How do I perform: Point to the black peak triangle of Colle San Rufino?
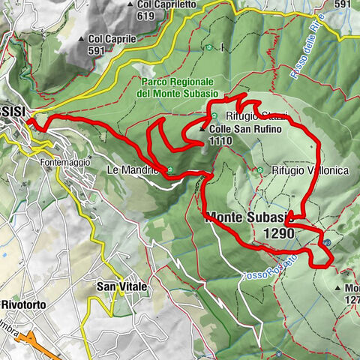[202, 130]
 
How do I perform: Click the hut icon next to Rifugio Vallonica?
[260, 170]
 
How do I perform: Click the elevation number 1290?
[279, 234]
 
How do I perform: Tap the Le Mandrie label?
[137, 169]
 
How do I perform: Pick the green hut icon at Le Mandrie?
[172, 169]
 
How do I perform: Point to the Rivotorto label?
[25, 306]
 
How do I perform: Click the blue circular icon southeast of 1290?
[327, 242]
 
